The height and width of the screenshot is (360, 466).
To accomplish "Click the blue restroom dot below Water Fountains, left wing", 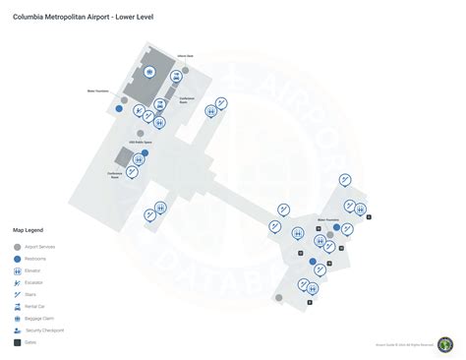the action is [x=119, y=110].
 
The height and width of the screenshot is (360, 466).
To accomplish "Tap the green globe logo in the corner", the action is [x=445, y=344].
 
